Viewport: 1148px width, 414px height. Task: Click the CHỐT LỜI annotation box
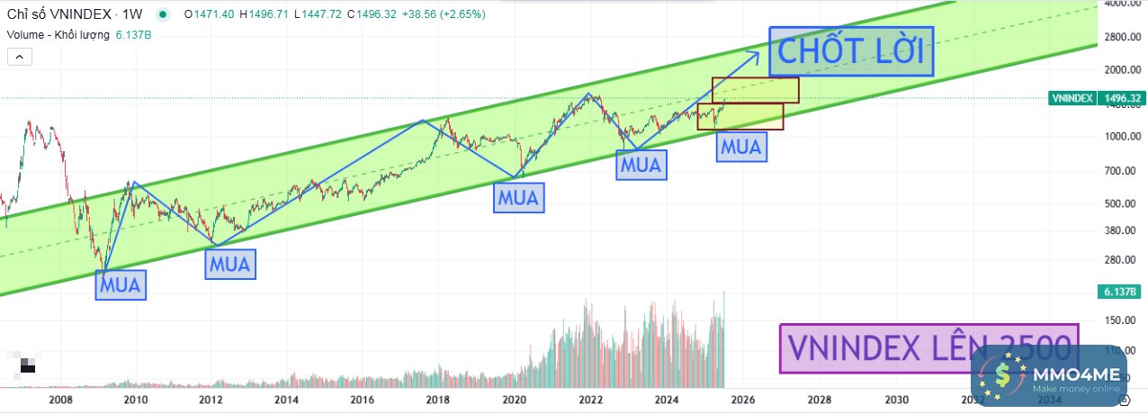click(x=851, y=51)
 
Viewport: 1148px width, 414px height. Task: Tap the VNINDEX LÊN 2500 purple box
click(x=928, y=348)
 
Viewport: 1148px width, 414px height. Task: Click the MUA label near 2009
click(x=121, y=285)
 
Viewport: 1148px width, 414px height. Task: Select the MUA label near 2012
click(x=229, y=264)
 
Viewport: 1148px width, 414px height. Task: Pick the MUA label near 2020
click(x=519, y=197)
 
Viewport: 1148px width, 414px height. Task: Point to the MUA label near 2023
click(x=641, y=165)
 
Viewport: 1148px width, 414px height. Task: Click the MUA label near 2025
click(x=741, y=146)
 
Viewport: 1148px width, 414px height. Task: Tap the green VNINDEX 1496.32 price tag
click(x=1095, y=98)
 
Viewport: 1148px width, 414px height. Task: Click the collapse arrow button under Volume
click(x=20, y=57)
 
